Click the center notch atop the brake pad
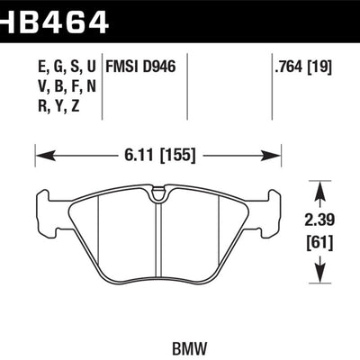(x=157, y=193)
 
